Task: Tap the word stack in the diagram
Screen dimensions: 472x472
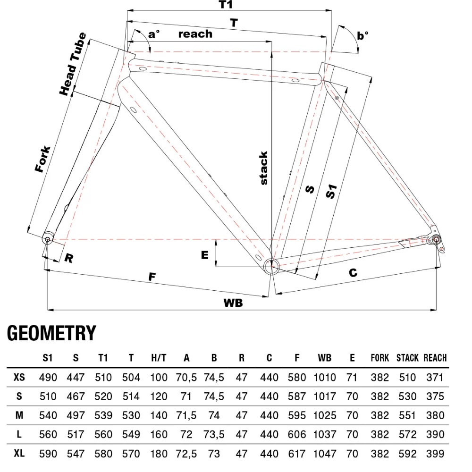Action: (x=263, y=168)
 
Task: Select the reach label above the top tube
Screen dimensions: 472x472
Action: (x=195, y=34)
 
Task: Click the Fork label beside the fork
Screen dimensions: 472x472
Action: (x=43, y=159)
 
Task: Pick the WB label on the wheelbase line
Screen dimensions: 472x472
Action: (x=233, y=303)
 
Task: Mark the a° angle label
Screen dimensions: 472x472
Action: (x=153, y=34)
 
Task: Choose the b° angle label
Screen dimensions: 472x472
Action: (x=362, y=35)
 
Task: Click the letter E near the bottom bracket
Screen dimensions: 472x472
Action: (x=204, y=255)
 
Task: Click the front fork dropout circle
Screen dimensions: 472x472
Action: (x=47, y=239)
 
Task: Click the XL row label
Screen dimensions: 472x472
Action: (x=19, y=453)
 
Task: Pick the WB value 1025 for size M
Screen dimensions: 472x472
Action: (x=325, y=415)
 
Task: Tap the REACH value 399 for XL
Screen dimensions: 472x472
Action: (x=435, y=454)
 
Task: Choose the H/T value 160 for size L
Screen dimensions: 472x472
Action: (x=159, y=434)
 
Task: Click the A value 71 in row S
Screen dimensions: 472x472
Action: (x=186, y=396)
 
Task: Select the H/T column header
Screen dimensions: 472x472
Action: (x=159, y=358)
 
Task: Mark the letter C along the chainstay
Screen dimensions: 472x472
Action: (x=353, y=273)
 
